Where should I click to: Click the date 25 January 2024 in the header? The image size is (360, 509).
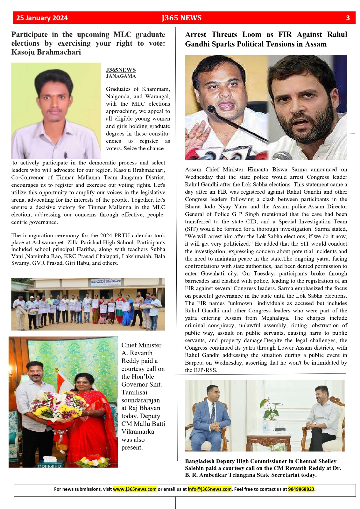click(42, 18)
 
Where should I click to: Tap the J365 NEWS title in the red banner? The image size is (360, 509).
click(182, 18)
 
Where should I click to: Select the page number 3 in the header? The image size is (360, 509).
click(348, 18)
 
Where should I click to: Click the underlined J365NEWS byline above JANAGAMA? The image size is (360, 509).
click(121, 70)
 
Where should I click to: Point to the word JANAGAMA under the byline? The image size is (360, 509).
click(121, 76)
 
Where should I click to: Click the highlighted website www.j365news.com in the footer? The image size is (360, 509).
click(135, 489)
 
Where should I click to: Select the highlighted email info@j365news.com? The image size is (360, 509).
click(209, 489)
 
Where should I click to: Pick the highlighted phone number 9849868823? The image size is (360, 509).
click(301, 489)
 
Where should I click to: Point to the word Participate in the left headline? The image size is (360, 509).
click(30, 34)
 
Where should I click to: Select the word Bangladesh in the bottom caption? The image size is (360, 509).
click(200, 461)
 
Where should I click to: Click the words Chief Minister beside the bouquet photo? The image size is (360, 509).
click(141, 345)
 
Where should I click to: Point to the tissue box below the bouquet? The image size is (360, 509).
click(49, 459)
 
